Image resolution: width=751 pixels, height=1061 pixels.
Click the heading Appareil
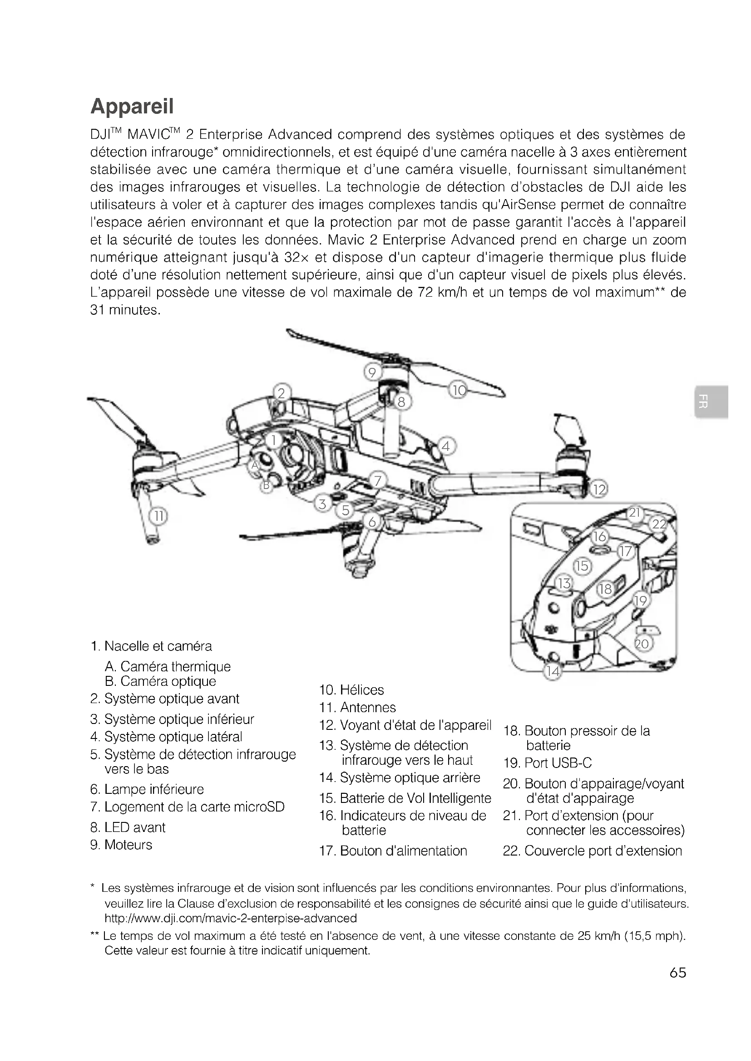132,106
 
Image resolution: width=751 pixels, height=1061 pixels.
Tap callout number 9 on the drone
372,372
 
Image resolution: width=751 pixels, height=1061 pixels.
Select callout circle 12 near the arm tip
599,489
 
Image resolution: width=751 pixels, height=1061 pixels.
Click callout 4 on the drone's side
446,446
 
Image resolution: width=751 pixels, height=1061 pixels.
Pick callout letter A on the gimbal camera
254,465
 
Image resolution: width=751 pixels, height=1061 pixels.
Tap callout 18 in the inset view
605,589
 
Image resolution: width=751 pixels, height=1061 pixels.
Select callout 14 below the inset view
553,671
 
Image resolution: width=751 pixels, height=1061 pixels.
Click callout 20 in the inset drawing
642,644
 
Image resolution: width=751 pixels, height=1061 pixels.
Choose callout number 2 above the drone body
281,393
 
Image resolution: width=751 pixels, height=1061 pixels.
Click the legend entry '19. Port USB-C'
548,763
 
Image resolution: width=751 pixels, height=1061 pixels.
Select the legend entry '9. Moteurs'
121,844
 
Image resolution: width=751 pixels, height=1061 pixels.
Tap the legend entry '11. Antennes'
357,707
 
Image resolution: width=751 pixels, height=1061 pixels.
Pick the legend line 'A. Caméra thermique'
168,666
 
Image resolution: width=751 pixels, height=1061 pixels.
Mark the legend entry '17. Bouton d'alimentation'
393,850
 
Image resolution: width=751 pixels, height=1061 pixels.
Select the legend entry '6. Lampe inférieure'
147,789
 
